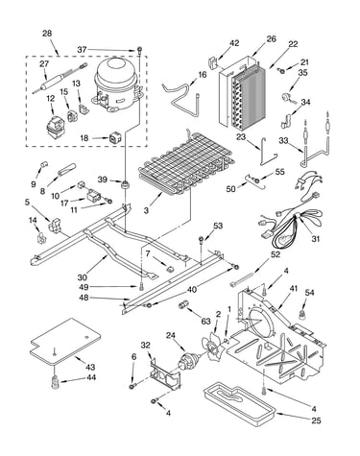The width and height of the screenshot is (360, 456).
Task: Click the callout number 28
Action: pyautogui.click(x=47, y=34)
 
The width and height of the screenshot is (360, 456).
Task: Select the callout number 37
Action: pyautogui.click(x=82, y=50)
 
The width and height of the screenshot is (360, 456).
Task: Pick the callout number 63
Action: pyautogui.click(x=206, y=321)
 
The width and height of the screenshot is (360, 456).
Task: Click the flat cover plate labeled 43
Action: pyautogui.click(x=65, y=342)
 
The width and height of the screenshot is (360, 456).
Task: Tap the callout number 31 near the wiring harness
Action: pyautogui.click(x=316, y=239)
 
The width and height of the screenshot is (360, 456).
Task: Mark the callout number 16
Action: pyautogui.click(x=203, y=75)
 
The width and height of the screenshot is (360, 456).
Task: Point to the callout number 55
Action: pyautogui.click(x=279, y=172)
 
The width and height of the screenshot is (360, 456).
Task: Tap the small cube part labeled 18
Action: pyautogui.click(x=114, y=138)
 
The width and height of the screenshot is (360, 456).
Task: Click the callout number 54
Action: pyautogui.click(x=309, y=293)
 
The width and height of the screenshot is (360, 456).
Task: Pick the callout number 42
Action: pyautogui.click(x=234, y=43)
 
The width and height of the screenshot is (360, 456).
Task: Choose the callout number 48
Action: pyautogui.click(x=84, y=298)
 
